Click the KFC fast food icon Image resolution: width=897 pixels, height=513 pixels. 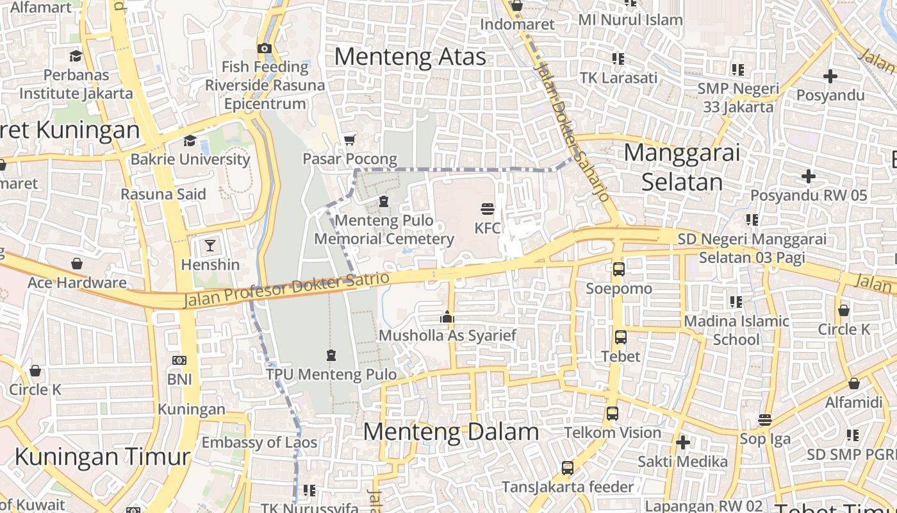[488, 209]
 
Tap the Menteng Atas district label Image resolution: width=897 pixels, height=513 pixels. [410, 57]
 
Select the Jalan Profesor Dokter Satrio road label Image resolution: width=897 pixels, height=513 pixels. [286, 290]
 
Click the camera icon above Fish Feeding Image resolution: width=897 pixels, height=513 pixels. [264, 48]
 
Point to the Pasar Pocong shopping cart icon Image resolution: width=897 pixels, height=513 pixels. [349, 140]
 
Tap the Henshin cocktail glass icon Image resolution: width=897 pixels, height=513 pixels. [210, 245]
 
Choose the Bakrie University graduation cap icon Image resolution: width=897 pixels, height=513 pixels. [190, 140]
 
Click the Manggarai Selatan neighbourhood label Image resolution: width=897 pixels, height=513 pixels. [682, 167]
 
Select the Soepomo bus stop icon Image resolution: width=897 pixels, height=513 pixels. [618, 269]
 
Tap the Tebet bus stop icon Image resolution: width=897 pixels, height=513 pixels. [620, 337]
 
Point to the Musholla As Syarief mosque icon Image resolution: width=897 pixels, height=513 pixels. [447, 317]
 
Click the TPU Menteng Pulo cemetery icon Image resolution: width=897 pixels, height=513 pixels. [331, 355]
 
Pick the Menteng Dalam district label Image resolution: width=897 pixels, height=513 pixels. [451, 432]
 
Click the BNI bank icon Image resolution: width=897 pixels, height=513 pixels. [179, 360]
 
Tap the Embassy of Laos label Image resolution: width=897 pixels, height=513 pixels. [259, 442]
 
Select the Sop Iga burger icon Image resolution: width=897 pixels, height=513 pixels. [764, 420]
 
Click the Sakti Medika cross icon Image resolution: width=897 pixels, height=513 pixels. [683, 442]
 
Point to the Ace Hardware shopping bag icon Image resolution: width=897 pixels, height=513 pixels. [77, 264]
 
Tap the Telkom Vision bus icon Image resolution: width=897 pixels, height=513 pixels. [613, 414]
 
